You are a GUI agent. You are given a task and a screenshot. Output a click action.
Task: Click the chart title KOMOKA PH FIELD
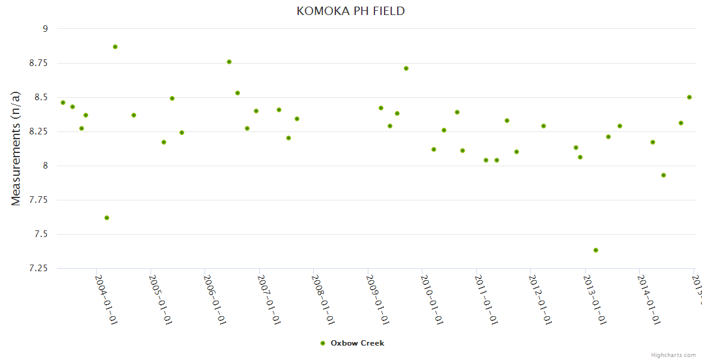tap(350, 11)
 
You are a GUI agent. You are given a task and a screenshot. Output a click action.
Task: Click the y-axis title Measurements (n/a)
tap(16, 148)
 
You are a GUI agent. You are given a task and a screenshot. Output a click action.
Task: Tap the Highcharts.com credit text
tap(673, 355)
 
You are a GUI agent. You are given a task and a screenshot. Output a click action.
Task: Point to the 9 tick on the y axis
tap(44, 28)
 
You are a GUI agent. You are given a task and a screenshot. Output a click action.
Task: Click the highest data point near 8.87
tap(115, 47)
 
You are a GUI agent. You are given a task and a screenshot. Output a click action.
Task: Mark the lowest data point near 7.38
tap(596, 250)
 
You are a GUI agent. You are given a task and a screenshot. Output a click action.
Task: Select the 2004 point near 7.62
tap(107, 218)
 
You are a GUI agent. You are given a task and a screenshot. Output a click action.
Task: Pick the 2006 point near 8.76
tap(229, 62)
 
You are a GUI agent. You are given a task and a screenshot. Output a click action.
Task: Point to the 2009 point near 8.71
tap(406, 68)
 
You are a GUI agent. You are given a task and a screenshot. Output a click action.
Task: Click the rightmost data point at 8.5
tap(689, 97)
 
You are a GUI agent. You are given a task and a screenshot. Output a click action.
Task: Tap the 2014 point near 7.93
tap(664, 175)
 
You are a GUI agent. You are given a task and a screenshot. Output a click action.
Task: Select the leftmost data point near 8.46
tap(63, 103)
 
